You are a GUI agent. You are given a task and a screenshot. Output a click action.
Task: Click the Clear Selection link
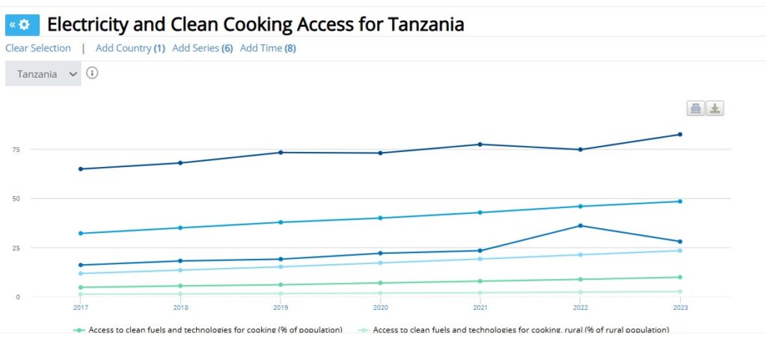(38, 48)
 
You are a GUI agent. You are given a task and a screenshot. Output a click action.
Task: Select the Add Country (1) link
(130, 48)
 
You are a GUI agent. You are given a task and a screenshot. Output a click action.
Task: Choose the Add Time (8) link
(268, 48)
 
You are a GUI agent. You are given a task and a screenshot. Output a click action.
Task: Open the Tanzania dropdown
(43, 74)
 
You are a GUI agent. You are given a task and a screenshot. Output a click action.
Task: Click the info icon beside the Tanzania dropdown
(93, 73)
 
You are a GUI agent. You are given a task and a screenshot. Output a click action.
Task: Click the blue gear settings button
(20, 25)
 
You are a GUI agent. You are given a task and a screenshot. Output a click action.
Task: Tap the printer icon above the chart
(696, 109)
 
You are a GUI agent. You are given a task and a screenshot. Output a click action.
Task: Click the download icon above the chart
(715, 109)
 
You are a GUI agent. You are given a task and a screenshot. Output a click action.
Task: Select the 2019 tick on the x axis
(281, 308)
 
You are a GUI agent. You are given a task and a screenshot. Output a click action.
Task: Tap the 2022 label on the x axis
(580, 308)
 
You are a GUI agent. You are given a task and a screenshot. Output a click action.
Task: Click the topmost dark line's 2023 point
(680, 135)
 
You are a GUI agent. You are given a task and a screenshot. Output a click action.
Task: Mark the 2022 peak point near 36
(580, 225)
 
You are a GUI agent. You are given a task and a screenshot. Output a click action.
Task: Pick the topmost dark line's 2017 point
(81, 169)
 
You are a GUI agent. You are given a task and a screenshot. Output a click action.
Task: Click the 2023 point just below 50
(680, 201)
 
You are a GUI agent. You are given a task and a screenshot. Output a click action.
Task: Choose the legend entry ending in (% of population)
(209, 329)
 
